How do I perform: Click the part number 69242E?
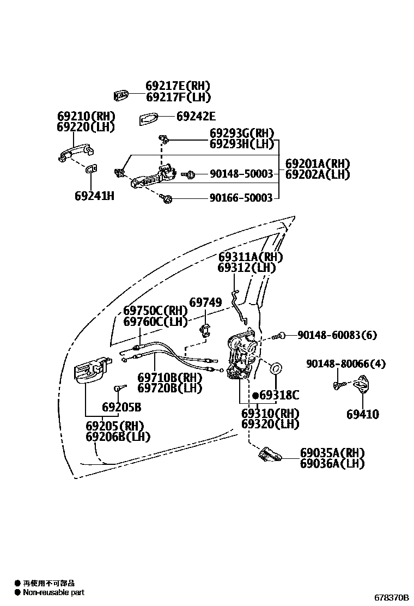196,116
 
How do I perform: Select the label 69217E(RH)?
178,86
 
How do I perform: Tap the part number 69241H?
94,195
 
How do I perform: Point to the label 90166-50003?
241,198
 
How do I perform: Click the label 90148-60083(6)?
337,335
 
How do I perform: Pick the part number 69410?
362,414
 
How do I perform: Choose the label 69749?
206,302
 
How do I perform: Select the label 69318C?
279,396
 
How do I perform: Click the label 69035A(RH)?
332,453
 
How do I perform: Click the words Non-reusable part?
53,592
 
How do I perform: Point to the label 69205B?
121,407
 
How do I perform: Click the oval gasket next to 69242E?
148,117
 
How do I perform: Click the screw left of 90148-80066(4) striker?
337,386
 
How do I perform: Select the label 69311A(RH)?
251,257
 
